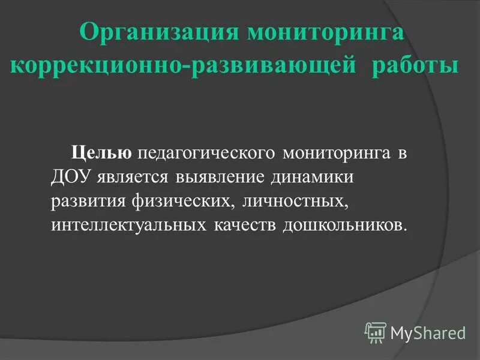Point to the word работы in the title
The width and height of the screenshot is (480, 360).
415,65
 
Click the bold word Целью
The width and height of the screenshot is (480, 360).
102,153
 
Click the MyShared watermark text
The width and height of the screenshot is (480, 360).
428,332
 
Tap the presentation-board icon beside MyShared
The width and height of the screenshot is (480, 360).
376,332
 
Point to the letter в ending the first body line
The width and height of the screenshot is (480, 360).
401,154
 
